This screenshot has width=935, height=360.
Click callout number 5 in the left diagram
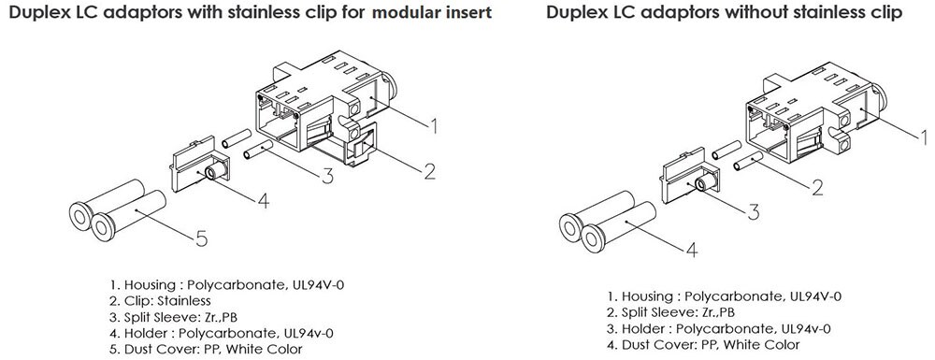tap(201, 238)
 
